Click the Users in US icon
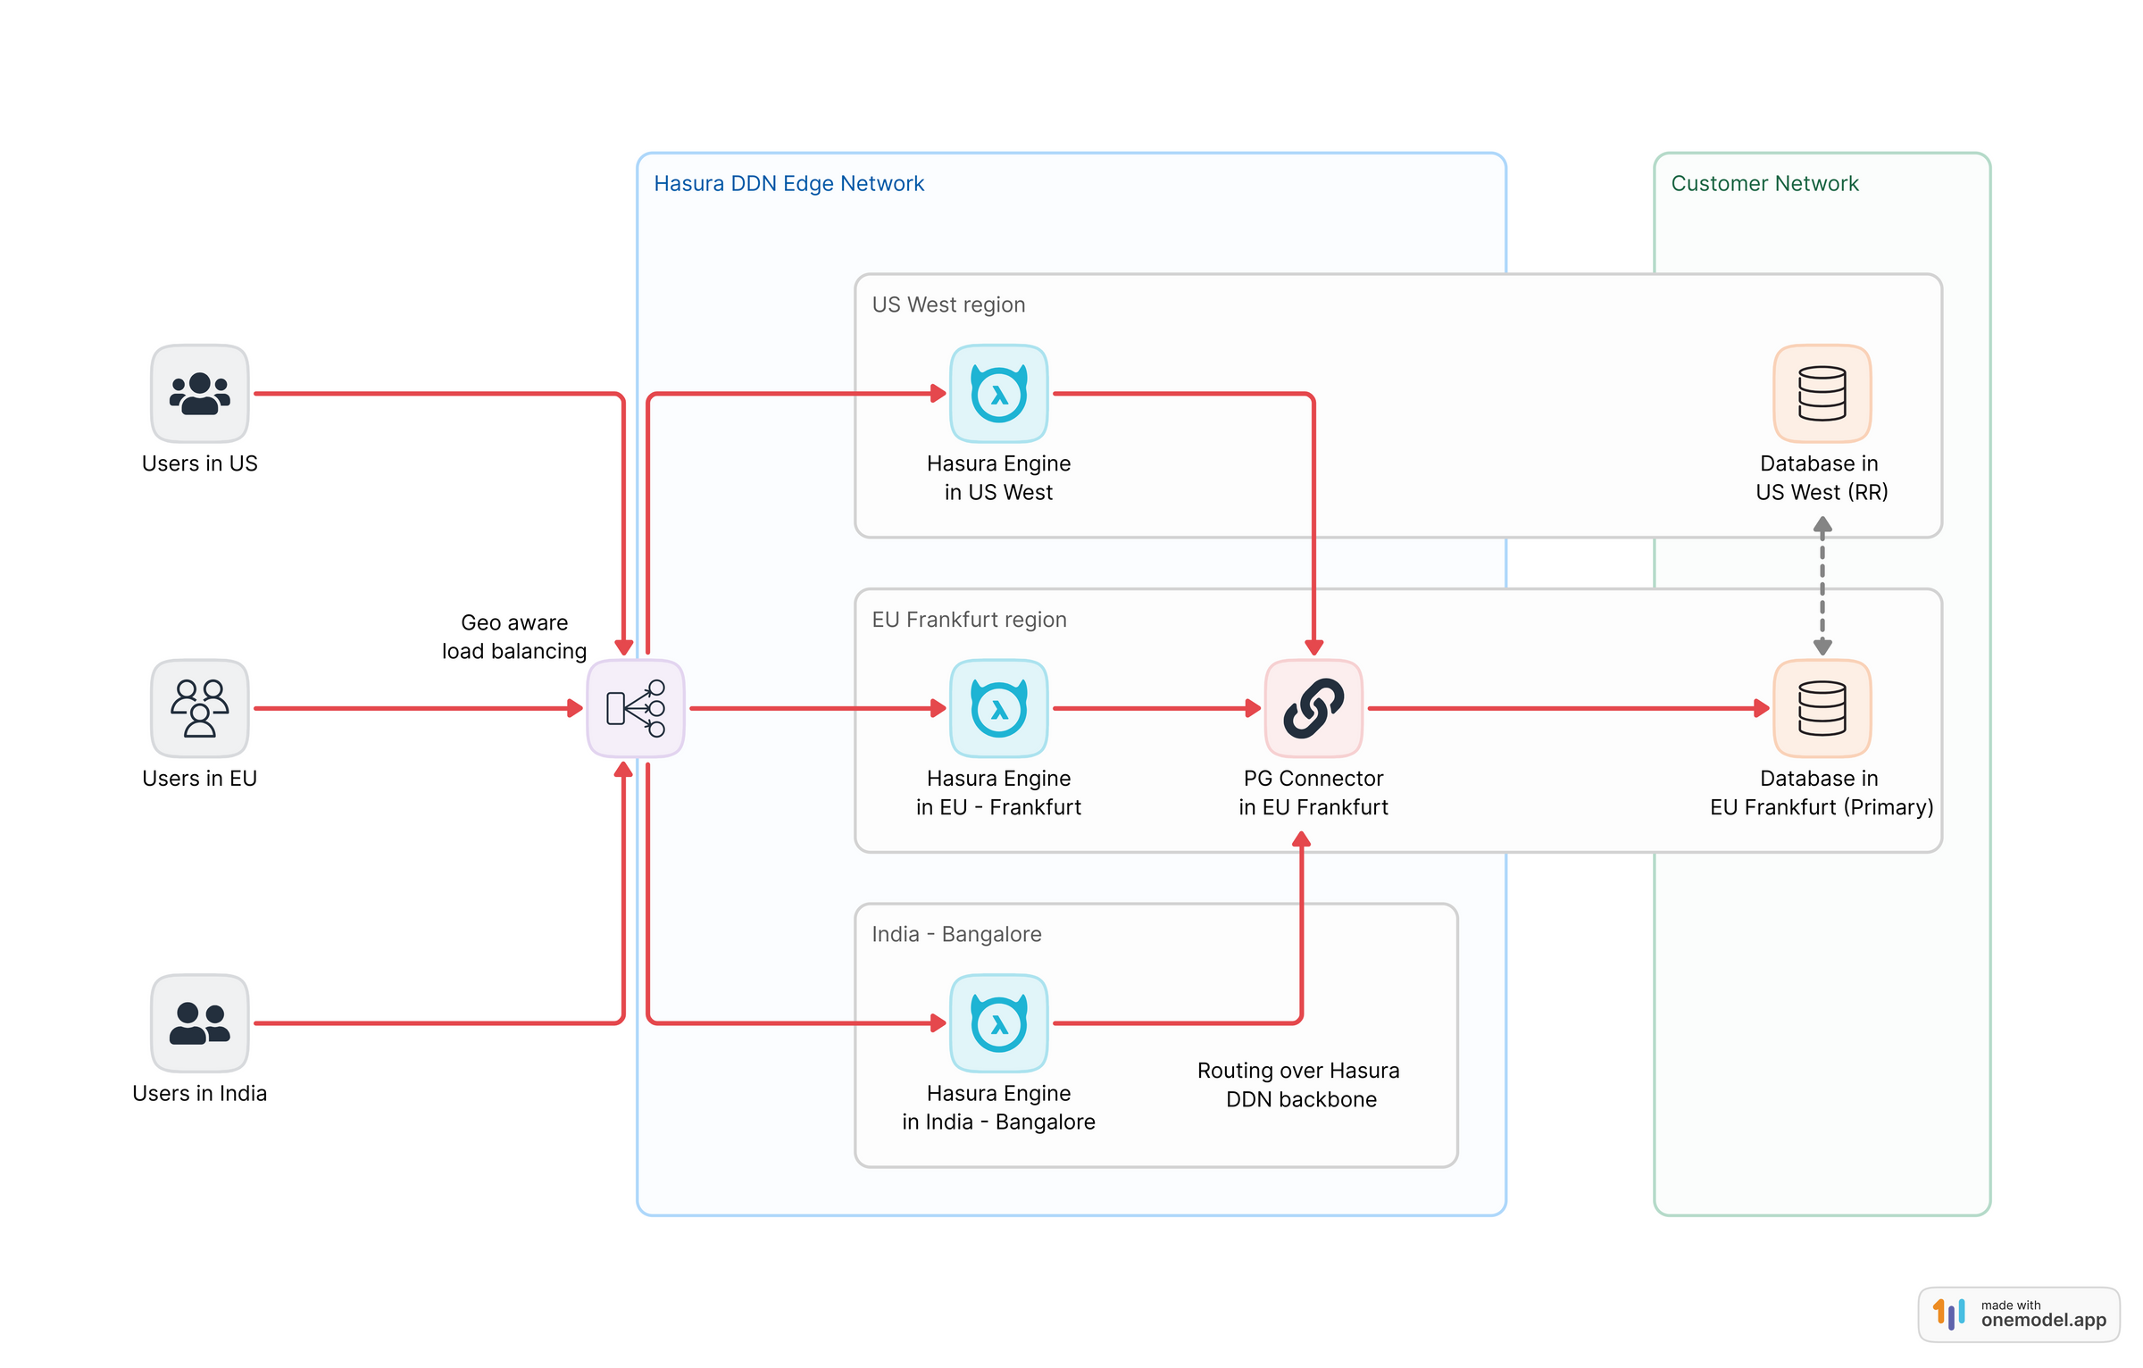coord(199,394)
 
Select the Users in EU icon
coord(199,708)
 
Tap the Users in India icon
coord(199,1022)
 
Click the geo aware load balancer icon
coord(635,708)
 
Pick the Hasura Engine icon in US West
coord(998,394)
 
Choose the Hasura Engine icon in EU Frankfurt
coord(998,708)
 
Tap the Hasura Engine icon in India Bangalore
coord(998,1022)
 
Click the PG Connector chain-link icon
coord(1313,708)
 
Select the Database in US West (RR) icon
coord(1822,394)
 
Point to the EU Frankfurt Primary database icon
coord(1822,708)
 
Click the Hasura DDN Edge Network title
coord(788,184)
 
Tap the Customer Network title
coord(1764,184)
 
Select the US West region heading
coord(948,305)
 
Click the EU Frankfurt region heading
coord(969,620)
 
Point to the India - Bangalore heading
coord(956,934)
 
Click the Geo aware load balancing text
coord(514,637)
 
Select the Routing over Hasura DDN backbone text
coord(1298,1084)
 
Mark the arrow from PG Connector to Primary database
coord(1563,708)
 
